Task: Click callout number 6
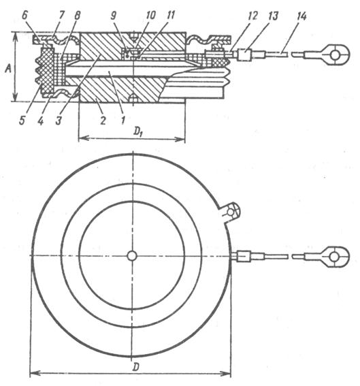(25, 16)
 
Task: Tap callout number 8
(76, 16)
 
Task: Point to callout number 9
(114, 16)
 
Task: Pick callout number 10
(150, 15)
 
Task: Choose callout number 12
(252, 16)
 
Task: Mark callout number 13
(273, 16)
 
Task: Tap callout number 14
(301, 16)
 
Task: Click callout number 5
(22, 120)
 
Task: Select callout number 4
(41, 120)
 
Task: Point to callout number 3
(59, 120)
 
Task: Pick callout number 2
(103, 120)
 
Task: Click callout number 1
(123, 120)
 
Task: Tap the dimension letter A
(8, 69)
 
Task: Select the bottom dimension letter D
(135, 367)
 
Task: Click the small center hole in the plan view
(132, 256)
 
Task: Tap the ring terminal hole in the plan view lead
(334, 257)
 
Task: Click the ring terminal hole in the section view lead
(334, 55)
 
